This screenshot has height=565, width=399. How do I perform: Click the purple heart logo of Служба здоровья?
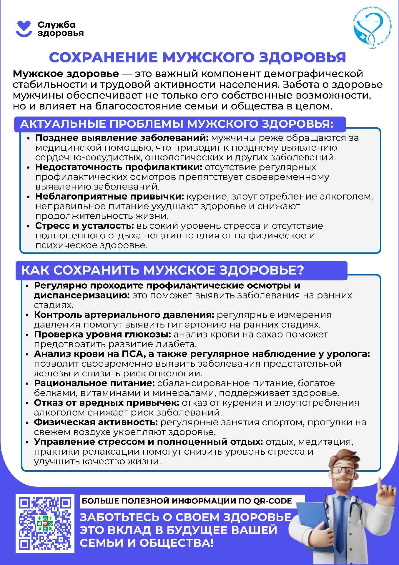pyautogui.click(x=24, y=29)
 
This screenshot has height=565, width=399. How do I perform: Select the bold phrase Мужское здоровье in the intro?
pyautogui.click(x=66, y=74)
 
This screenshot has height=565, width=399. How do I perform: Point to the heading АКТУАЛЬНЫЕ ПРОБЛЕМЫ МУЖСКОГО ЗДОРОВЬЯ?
pyautogui.click(x=177, y=124)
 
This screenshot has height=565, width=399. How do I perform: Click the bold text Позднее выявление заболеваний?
pyautogui.click(x=122, y=138)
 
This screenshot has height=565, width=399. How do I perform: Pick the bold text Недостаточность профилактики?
pyautogui.click(x=119, y=167)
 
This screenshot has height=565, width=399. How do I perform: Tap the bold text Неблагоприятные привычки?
pyautogui.click(x=109, y=196)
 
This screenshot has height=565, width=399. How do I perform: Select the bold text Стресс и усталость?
pyautogui.click(x=84, y=226)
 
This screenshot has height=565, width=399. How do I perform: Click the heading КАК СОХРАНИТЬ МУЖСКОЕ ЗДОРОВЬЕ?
pyautogui.click(x=162, y=270)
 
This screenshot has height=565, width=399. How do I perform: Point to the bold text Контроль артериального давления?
pyautogui.click(x=124, y=315)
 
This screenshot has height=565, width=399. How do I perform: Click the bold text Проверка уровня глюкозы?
pyautogui.click(x=102, y=334)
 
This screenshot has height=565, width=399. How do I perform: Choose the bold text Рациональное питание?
pyautogui.click(x=94, y=383)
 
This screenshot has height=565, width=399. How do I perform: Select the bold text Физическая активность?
pyautogui.click(x=96, y=422)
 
